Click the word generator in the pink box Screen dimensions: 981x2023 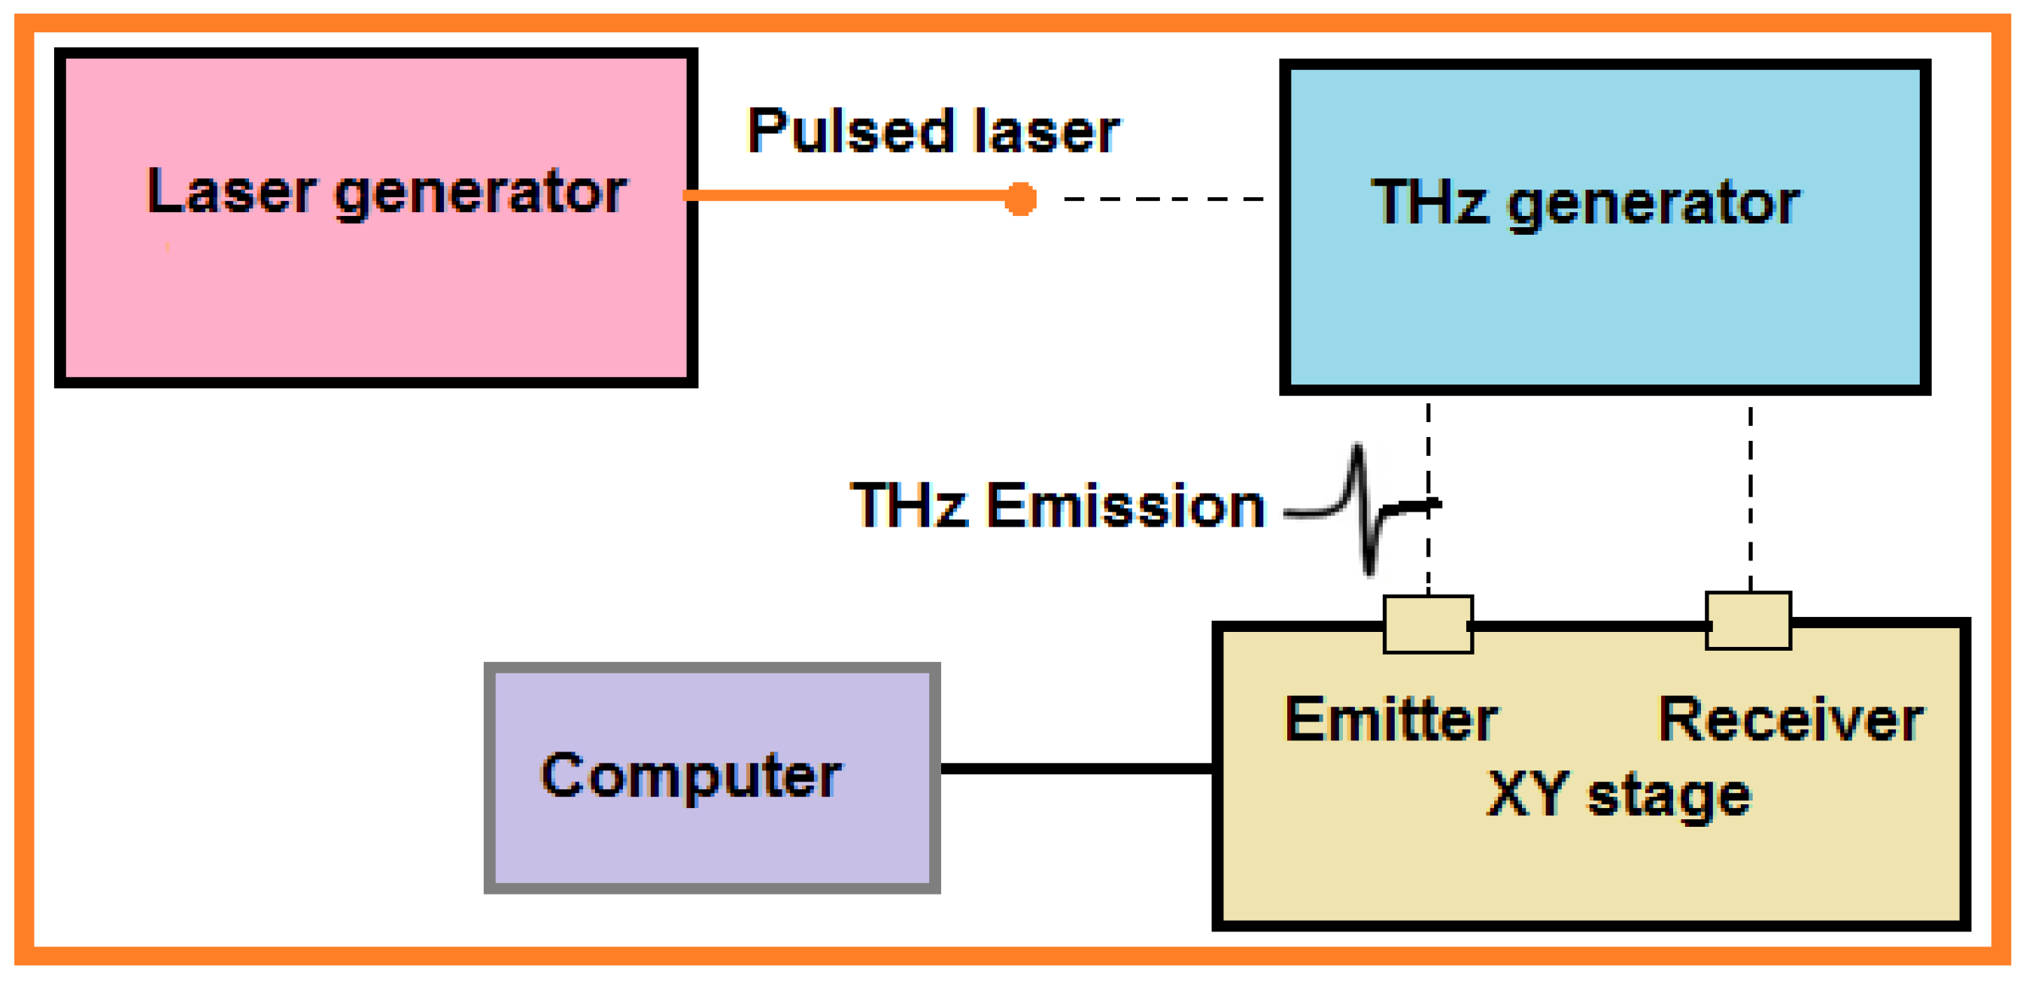click(481, 194)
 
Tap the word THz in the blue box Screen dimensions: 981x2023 click(1429, 202)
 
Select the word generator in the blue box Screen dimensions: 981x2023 click(1653, 204)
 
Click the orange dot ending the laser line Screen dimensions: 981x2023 click(1020, 199)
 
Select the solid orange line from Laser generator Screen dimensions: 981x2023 click(848, 196)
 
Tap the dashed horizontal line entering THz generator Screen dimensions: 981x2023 click(1162, 199)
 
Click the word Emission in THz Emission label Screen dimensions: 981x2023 click(1125, 505)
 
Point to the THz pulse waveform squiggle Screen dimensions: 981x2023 click(1366, 511)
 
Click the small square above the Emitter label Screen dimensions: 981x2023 click(1428, 624)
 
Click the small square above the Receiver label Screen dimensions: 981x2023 click(1748, 621)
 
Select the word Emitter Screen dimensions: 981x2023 click(1391, 719)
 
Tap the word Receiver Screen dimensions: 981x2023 click(1791, 719)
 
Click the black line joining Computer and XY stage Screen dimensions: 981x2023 click(1076, 768)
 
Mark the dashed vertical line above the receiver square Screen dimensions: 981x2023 click(1750, 499)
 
